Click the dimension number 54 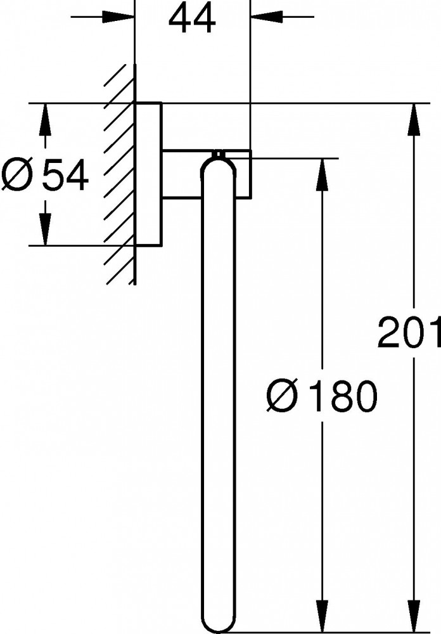click(65, 175)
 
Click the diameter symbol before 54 click(17, 175)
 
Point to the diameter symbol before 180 click(282, 397)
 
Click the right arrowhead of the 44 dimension click(267, 17)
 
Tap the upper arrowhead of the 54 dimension click(45, 120)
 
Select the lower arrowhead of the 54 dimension click(45, 230)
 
